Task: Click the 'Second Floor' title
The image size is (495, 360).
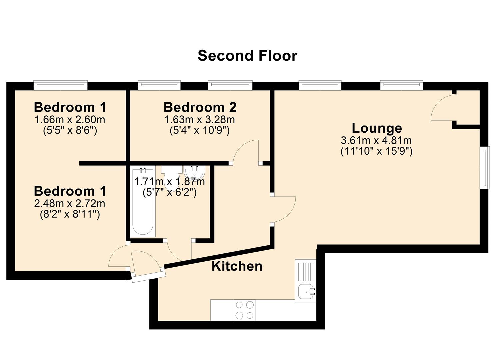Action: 247,56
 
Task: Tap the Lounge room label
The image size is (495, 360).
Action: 377,128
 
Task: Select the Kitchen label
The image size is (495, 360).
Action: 237,266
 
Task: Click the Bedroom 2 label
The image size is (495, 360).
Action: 200,107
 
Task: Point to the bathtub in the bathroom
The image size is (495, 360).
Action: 143,202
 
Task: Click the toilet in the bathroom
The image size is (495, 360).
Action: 172,177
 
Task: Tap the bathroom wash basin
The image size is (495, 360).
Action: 194,172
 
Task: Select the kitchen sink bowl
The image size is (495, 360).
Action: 306,292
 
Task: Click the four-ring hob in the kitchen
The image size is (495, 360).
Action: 244,310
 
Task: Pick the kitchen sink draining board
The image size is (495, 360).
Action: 306,271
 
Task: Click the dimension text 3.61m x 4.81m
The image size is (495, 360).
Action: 376,140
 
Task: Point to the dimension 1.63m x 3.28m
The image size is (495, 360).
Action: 200,120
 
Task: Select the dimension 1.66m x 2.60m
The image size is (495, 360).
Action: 70,120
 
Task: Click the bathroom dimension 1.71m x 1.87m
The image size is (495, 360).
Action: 169,182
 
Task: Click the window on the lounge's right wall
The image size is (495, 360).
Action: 484,168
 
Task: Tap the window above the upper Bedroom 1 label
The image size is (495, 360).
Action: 61,85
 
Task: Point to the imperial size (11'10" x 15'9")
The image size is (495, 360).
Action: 376,151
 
